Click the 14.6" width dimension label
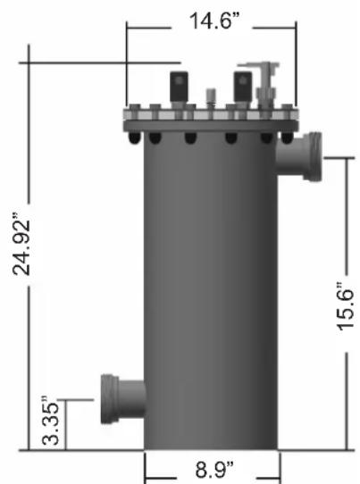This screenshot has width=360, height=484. [x=214, y=21]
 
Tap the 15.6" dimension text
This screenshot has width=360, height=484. [x=346, y=306]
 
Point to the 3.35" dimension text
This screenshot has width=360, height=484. [x=50, y=420]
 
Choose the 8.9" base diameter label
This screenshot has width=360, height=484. [x=214, y=469]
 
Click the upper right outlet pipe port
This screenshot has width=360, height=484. [x=299, y=156]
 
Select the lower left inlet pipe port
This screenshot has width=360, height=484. [x=123, y=399]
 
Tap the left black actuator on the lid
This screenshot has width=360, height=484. [x=179, y=87]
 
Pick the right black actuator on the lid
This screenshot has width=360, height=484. [x=243, y=87]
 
